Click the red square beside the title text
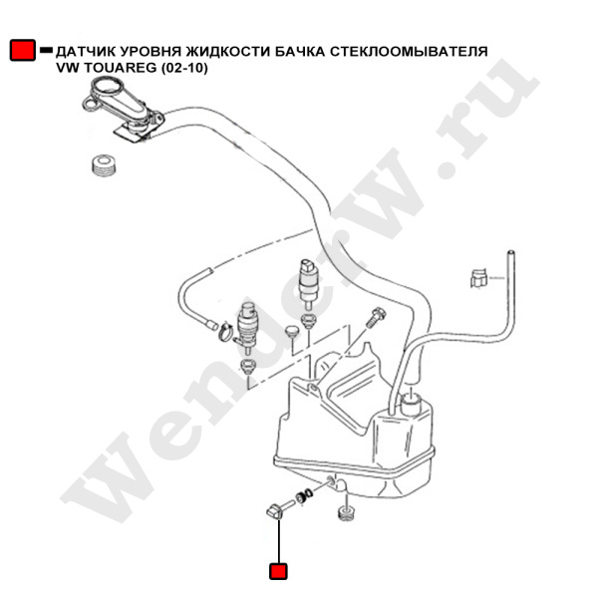coord(23,50)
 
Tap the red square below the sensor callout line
coord(278,571)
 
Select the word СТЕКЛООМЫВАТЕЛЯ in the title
coord(409,51)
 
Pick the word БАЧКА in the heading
coord(300,51)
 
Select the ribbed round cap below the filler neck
coord(104,165)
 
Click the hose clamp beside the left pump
coord(225,331)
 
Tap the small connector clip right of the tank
coord(478,278)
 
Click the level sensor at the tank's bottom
coord(279,510)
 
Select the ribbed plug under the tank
coord(346,512)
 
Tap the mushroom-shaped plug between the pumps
coord(292,331)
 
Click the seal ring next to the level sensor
coord(304,497)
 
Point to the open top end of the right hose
coord(510,252)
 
